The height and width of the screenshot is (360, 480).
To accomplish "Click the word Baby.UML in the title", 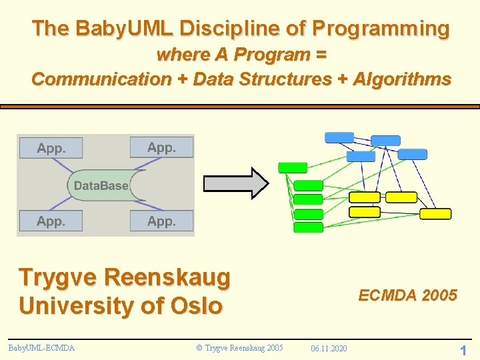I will point(124,29).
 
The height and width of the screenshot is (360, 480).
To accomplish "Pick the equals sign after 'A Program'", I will point(320,55).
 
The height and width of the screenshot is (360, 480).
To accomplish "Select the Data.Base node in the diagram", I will point(101,185).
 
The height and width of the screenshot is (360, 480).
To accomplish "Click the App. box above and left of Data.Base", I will point(51,148).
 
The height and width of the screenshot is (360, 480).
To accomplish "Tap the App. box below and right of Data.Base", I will point(161,221).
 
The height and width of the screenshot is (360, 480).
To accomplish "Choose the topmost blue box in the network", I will point(339,137).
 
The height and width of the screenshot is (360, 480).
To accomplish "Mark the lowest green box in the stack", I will point(308,227).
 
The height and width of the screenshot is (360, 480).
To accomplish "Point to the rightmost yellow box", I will point(435,214).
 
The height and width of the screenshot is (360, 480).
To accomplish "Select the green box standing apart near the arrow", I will point(293,168).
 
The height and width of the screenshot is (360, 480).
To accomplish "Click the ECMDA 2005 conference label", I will point(407,295).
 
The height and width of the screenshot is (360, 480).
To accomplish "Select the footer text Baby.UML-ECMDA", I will point(41,347).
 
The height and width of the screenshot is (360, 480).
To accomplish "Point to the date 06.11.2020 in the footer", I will point(329,348).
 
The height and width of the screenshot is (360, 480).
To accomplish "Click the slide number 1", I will point(463,350).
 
